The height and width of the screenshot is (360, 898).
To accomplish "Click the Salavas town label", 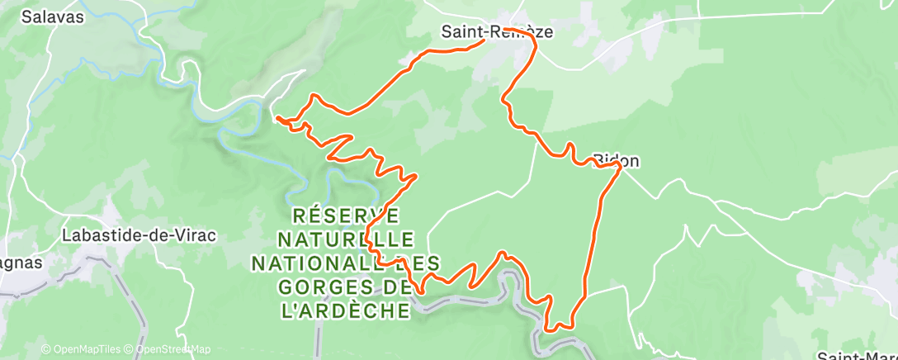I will pos(54,17).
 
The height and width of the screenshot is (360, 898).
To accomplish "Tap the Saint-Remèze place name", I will pos(496,33).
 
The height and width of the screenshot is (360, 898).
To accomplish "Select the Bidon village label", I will pos(617,160).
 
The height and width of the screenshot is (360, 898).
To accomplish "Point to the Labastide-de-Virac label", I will pos(139,235).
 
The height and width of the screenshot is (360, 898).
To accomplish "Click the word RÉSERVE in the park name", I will pos(347,216).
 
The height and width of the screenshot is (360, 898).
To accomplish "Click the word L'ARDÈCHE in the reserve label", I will pos(345,310).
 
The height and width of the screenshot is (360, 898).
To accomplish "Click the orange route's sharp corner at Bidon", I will pos(619,166).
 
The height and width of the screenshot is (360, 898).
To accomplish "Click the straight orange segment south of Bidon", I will pos(596,231).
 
